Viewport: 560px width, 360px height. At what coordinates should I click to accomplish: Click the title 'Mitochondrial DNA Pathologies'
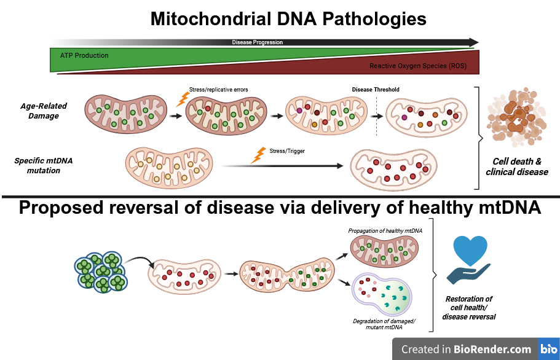[x=288, y=19]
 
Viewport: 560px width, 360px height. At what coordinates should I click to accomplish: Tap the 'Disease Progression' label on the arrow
[x=257, y=42]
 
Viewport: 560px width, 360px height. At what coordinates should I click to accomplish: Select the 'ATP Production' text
[x=84, y=55]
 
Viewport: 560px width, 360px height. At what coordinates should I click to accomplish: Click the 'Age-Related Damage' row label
[x=43, y=111]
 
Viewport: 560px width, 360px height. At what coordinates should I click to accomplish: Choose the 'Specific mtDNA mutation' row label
[x=43, y=165]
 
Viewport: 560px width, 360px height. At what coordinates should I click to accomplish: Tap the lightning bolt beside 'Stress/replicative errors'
[x=181, y=98]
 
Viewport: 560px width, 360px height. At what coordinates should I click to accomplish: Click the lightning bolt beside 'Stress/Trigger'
[x=259, y=154]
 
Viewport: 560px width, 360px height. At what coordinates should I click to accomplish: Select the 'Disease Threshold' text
[x=376, y=90]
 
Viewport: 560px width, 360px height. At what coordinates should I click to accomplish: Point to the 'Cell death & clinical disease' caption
[x=516, y=166]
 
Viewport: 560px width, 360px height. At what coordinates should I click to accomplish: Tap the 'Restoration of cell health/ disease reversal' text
[x=468, y=308]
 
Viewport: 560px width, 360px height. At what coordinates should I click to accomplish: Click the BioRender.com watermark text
[x=466, y=349]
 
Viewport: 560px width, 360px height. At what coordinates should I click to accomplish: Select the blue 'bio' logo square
[x=548, y=349]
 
